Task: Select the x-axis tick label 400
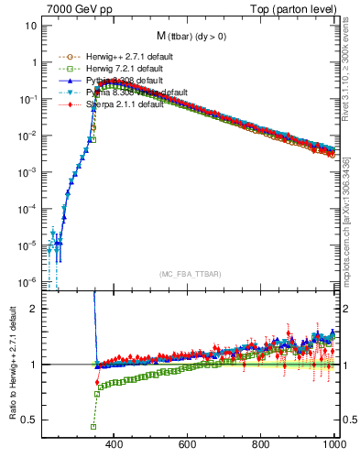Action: [114, 445]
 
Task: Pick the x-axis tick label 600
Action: [187, 445]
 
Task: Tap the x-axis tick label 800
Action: [260, 445]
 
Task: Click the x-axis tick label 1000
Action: [332, 445]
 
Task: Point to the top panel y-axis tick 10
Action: [31, 26]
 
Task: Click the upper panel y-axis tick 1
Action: [34, 62]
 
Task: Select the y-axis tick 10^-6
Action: [28, 281]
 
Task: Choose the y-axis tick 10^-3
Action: [28, 172]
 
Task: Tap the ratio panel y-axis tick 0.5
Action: [30, 420]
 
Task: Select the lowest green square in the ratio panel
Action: [93, 427]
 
